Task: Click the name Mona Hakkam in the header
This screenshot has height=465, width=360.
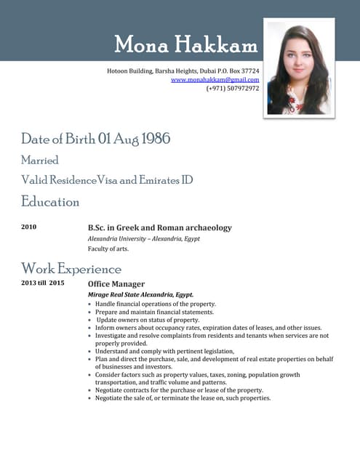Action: (x=186, y=45)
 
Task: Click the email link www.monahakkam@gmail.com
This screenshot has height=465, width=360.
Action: (x=215, y=79)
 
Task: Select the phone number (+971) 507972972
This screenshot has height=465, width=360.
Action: (x=233, y=88)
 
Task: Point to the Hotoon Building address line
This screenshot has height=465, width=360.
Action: (x=183, y=70)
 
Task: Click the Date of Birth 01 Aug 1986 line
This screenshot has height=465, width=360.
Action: (x=95, y=139)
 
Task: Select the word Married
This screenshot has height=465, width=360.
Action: (x=40, y=160)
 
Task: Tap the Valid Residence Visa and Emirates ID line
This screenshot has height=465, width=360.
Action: (x=106, y=179)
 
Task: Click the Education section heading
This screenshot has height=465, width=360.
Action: (x=50, y=201)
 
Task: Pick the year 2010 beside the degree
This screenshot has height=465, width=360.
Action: (x=29, y=227)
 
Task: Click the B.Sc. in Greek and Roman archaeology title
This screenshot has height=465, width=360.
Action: (x=159, y=227)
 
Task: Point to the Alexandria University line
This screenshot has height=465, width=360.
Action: (x=143, y=238)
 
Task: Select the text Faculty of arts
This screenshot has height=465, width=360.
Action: (x=108, y=248)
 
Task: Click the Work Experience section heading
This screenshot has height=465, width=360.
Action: (x=71, y=269)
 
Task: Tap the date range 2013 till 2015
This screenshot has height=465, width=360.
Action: (x=43, y=283)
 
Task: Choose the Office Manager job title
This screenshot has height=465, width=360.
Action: (x=116, y=283)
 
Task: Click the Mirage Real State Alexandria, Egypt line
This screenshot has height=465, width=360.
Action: (x=140, y=294)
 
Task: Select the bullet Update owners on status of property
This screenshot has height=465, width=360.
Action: (x=148, y=320)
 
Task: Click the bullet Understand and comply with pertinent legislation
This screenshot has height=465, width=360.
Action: (x=165, y=351)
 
